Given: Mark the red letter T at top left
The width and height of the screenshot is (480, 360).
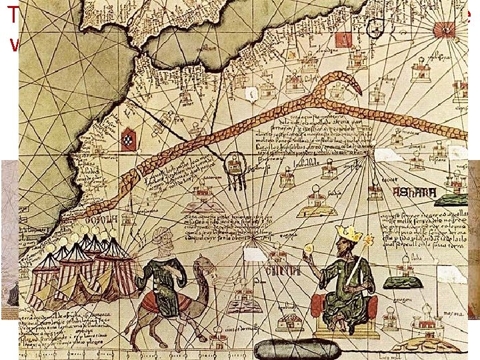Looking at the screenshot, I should pyautogui.click(x=11, y=15).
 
